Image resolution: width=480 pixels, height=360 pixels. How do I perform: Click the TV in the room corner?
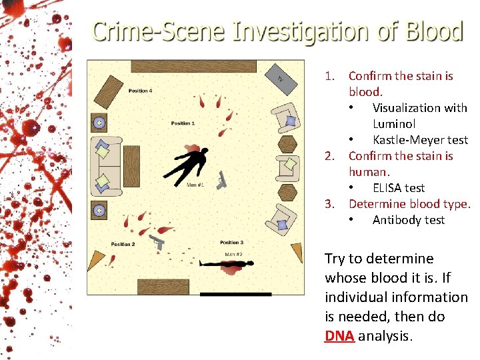pos(283,77)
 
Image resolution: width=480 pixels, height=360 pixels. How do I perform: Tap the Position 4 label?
pos(140,91)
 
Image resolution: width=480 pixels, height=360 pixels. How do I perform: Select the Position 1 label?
pos(183,123)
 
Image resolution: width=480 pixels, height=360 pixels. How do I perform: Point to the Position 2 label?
pos(123,245)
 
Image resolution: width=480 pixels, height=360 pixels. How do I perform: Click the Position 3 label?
pos(231,243)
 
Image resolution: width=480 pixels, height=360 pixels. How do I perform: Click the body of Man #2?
pos(227,265)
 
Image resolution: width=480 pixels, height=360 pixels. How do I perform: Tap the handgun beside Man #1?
pos(222,179)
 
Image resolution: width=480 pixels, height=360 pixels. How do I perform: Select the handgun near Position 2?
pos(157,241)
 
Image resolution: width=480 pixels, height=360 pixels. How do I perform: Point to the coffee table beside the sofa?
pos(131,166)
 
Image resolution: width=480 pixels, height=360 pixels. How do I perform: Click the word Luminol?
pos(393,124)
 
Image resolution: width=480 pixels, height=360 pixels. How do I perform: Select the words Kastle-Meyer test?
pos(420,140)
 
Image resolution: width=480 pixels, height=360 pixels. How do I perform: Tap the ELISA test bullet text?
pos(398,188)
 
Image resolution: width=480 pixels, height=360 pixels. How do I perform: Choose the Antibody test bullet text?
pos(408,220)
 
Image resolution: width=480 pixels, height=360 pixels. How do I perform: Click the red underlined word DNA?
pos(339,336)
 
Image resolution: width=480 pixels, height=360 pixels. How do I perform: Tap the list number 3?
pos(329,204)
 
